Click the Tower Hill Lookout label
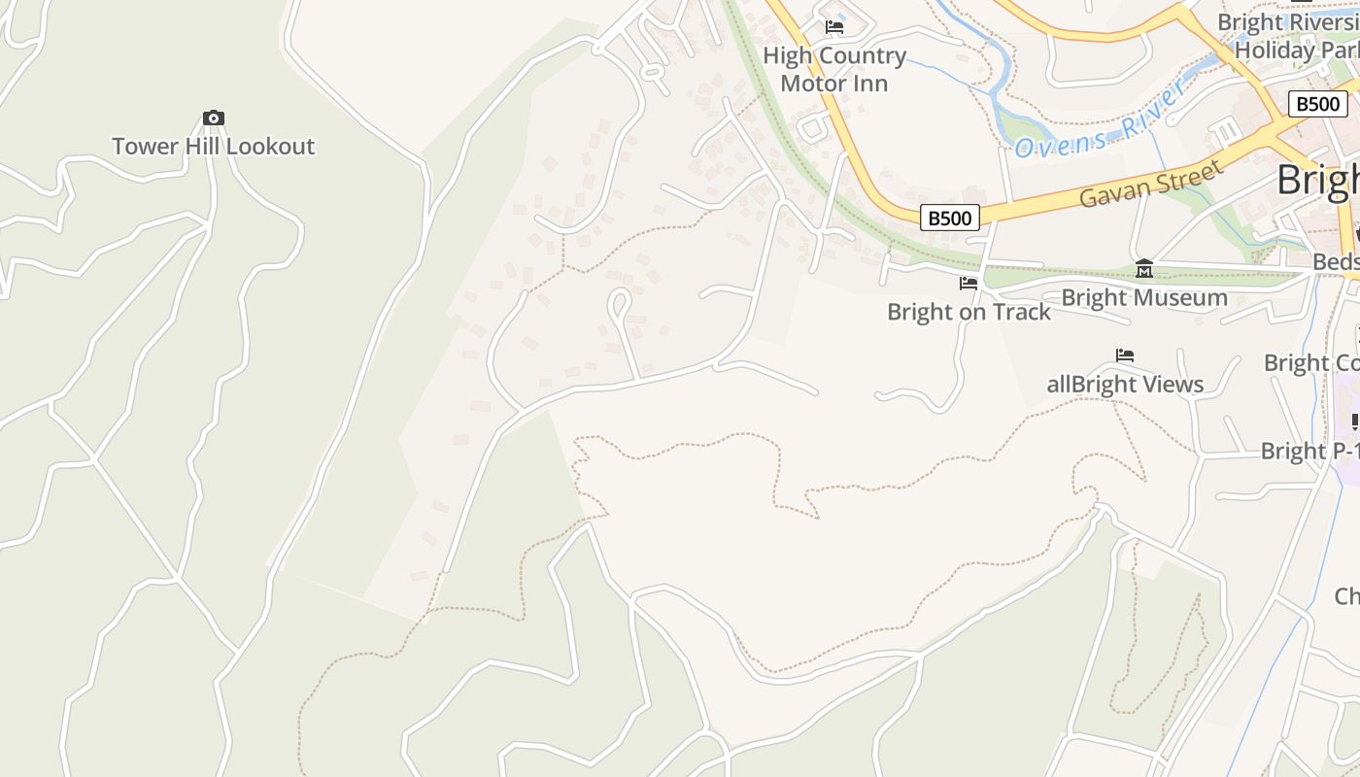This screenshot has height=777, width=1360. (x=213, y=147)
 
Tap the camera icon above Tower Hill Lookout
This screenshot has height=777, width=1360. (x=214, y=118)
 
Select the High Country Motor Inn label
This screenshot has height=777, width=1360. (x=834, y=70)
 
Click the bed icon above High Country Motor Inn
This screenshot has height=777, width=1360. (x=834, y=27)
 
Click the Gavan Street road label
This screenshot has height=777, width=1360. (x=1151, y=185)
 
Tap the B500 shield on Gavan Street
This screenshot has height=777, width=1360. (x=949, y=218)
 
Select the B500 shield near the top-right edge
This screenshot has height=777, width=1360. (x=1318, y=104)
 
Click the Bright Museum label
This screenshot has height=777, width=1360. (x=1144, y=297)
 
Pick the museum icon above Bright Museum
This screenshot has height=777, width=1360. (x=1144, y=268)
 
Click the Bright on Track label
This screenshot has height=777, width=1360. (x=969, y=312)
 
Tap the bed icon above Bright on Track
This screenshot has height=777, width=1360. (x=969, y=284)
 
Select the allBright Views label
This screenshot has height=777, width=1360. (x=1125, y=385)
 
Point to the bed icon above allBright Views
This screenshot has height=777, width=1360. (x=1125, y=355)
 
